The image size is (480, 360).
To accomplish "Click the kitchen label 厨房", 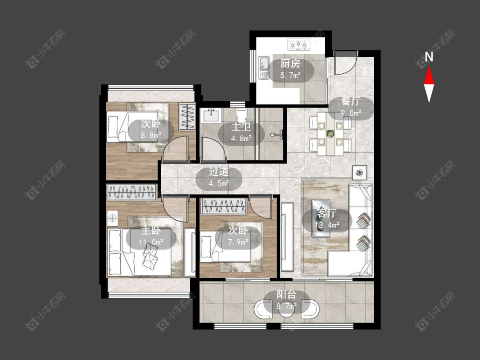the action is [x=290, y=64].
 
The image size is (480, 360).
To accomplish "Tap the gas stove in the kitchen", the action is [x=299, y=45].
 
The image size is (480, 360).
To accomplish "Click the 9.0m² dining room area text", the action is [x=351, y=113].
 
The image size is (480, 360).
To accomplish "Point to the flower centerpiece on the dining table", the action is [x=330, y=134].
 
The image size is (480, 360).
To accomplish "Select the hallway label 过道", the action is [x=218, y=172].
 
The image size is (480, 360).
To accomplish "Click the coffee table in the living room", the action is [x=320, y=218].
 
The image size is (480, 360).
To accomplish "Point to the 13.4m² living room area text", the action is [x=327, y=225].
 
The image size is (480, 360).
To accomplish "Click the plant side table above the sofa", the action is [x=359, y=173].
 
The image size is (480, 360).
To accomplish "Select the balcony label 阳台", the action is [x=286, y=294].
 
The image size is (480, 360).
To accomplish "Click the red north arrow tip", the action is [x=429, y=67].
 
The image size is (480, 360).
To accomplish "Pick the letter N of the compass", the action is [x=429, y=56].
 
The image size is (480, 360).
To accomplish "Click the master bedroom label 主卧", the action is [x=151, y=231].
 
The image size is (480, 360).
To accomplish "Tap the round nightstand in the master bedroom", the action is [x=113, y=218].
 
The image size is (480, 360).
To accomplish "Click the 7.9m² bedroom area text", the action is [x=238, y=242].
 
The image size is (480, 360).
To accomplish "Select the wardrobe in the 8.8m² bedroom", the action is [x=187, y=116].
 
